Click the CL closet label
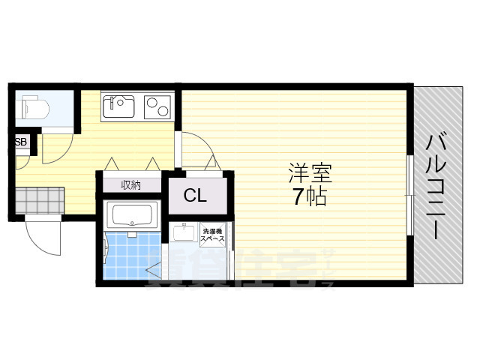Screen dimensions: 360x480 pos(196,196)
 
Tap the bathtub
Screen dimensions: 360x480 pos(132,217)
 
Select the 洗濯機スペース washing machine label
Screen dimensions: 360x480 pos(215,234)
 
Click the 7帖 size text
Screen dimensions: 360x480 pos(310,199)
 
